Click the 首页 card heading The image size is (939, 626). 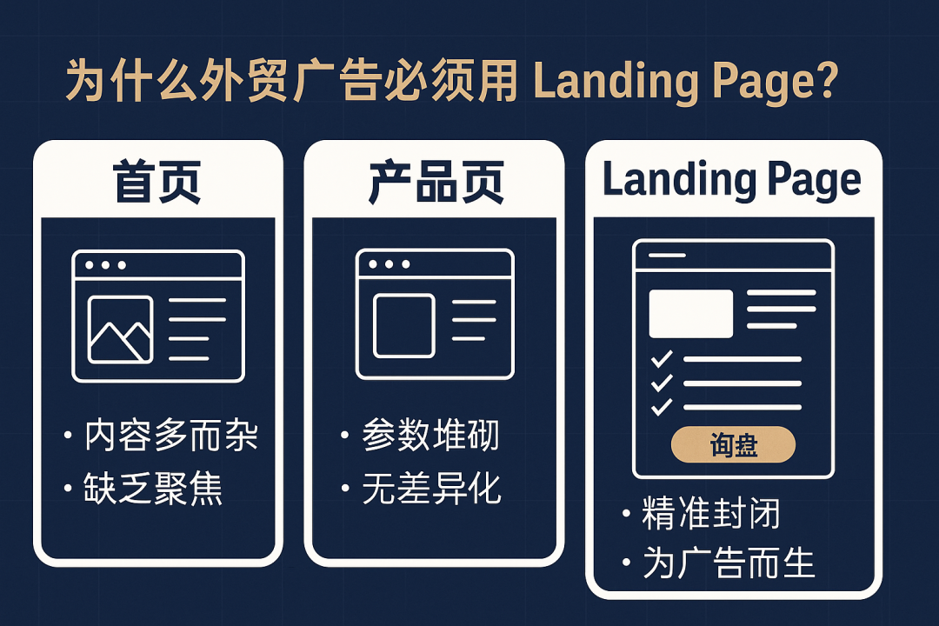pos(157,182)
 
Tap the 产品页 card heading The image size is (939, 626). pos(436,182)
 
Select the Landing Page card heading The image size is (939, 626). pos(732,180)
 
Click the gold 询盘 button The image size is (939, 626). pos(734,445)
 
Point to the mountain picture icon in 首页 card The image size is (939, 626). pos(120,330)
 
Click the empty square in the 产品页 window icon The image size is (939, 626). pos(403,326)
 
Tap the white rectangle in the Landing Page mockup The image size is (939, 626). pos(691,313)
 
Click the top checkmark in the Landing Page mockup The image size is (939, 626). pos(662,358)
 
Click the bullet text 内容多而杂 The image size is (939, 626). pos(171,435)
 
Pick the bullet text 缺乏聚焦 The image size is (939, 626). pos(154,489)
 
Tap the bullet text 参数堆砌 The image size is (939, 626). pos(431,435)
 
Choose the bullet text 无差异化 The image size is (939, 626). pos(431,489)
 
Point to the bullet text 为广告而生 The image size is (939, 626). pos(729,563)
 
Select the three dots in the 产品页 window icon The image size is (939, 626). pos(388,264)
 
